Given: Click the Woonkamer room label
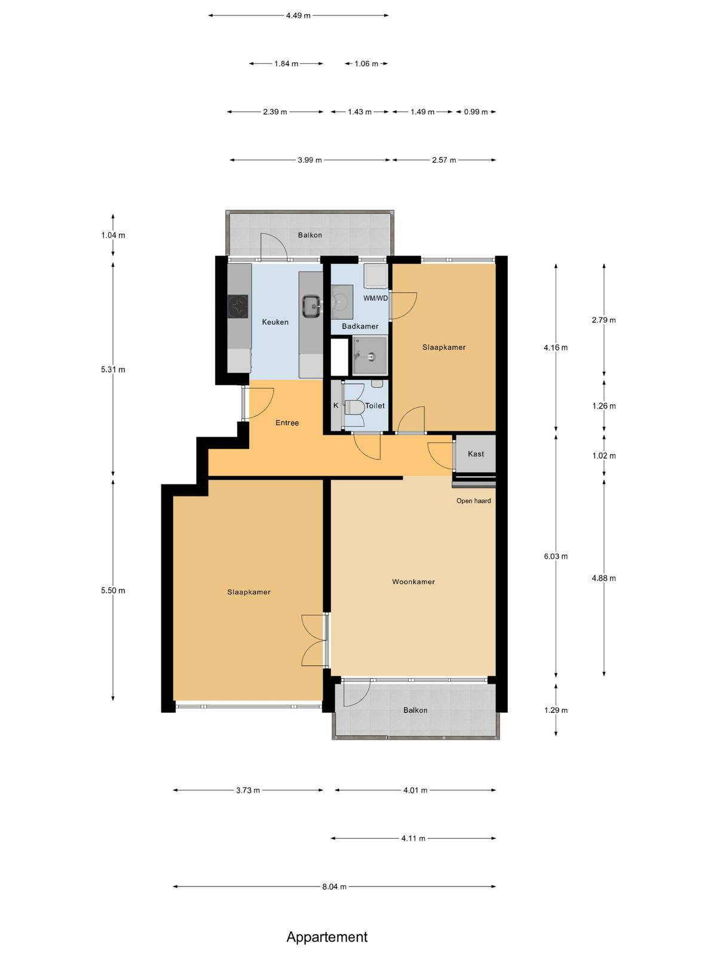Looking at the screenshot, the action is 413,581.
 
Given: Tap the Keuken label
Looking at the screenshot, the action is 275,322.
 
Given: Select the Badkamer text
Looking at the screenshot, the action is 360,326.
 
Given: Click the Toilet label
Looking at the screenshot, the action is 375,406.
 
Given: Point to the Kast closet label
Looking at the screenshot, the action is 476,454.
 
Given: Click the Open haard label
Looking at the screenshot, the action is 474,501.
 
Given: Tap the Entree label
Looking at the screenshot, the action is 287,423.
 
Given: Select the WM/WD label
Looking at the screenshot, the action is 376,298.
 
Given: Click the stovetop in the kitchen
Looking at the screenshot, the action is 238,306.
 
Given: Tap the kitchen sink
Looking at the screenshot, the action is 312,306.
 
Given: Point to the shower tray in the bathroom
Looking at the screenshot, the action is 370,355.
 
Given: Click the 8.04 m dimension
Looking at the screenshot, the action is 335,886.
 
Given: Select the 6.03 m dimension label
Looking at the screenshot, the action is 556,556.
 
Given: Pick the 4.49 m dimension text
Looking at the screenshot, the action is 298,16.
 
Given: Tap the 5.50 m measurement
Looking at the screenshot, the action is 113,591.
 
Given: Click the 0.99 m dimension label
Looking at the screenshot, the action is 476,112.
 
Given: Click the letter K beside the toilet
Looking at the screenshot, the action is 336,406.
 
